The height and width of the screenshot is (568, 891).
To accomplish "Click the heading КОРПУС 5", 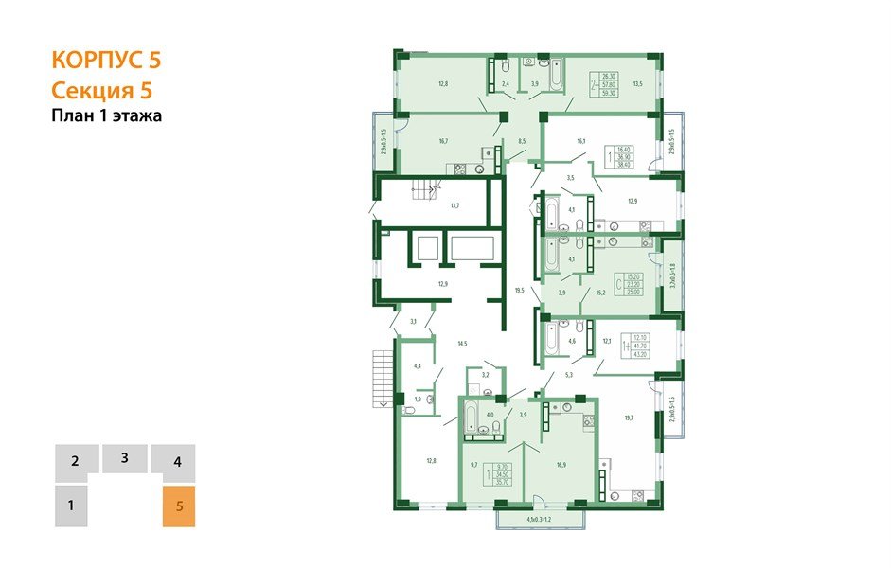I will [x=106, y=61].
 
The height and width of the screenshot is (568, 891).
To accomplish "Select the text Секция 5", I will [x=101, y=91].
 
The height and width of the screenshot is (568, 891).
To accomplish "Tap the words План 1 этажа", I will [x=107, y=116].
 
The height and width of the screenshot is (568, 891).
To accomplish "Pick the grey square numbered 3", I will [x=124, y=458].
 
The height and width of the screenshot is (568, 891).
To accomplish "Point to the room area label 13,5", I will [x=637, y=84].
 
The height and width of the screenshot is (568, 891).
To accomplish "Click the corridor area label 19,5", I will [x=518, y=291].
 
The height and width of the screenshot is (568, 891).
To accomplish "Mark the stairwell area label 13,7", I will [x=454, y=205].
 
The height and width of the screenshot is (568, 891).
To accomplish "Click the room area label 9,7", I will [x=474, y=465].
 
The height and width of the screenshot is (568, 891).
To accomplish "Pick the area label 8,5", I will [x=521, y=141].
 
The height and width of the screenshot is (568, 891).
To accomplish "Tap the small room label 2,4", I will [x=506, y=85].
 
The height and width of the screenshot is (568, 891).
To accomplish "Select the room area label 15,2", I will [x=599, y=293].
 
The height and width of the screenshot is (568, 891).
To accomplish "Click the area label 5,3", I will [x=569, y=375].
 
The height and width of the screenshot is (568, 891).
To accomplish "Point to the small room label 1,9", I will [x=418, y=399].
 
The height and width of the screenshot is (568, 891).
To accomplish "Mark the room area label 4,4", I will [x=418, y=365].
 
